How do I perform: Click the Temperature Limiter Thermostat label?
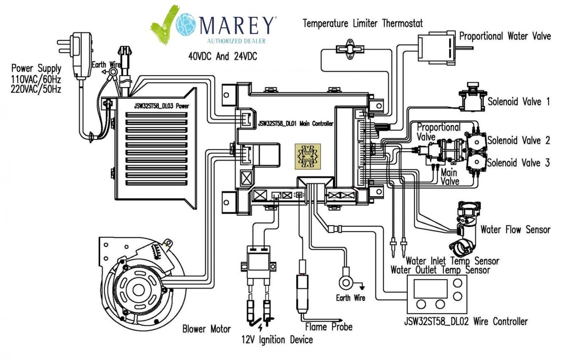tap(362, 23)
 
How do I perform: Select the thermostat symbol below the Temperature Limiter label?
tap(350, 48)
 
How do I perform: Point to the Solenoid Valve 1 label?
tap(518, 102)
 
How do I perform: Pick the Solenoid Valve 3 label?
tap(518, 163)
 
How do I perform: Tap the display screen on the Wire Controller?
tap(428, 288)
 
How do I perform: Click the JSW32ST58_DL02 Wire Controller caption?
tap(466, 322)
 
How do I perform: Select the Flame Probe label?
tap(329, 327)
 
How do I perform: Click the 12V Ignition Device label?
tap(277, 340)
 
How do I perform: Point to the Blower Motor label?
tap(206, 329)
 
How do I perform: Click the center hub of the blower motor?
tap(138, 290)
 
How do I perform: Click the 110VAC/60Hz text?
tap(36, 79)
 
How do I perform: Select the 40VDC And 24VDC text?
tap(222, 56)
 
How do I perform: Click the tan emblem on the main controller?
tap(308, 156)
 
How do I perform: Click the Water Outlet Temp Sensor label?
tap(440, 270)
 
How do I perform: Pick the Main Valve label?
tap(450, 177)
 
